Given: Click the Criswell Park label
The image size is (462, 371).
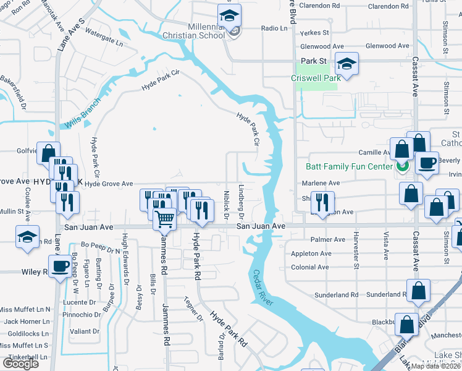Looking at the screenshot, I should click(316, 79).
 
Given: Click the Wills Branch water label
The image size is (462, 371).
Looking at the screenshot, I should click(81, 115).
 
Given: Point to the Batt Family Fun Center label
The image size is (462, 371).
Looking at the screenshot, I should click(350, 166).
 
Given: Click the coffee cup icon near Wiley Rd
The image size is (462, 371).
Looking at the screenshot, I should click(61, 267).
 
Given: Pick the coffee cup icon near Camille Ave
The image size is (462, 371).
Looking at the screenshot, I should click(426, 163).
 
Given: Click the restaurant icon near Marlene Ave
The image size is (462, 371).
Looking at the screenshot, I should click(321, 201).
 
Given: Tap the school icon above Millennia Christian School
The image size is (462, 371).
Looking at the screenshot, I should click(230, 17).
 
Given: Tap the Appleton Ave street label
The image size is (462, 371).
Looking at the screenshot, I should click(311, 254).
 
